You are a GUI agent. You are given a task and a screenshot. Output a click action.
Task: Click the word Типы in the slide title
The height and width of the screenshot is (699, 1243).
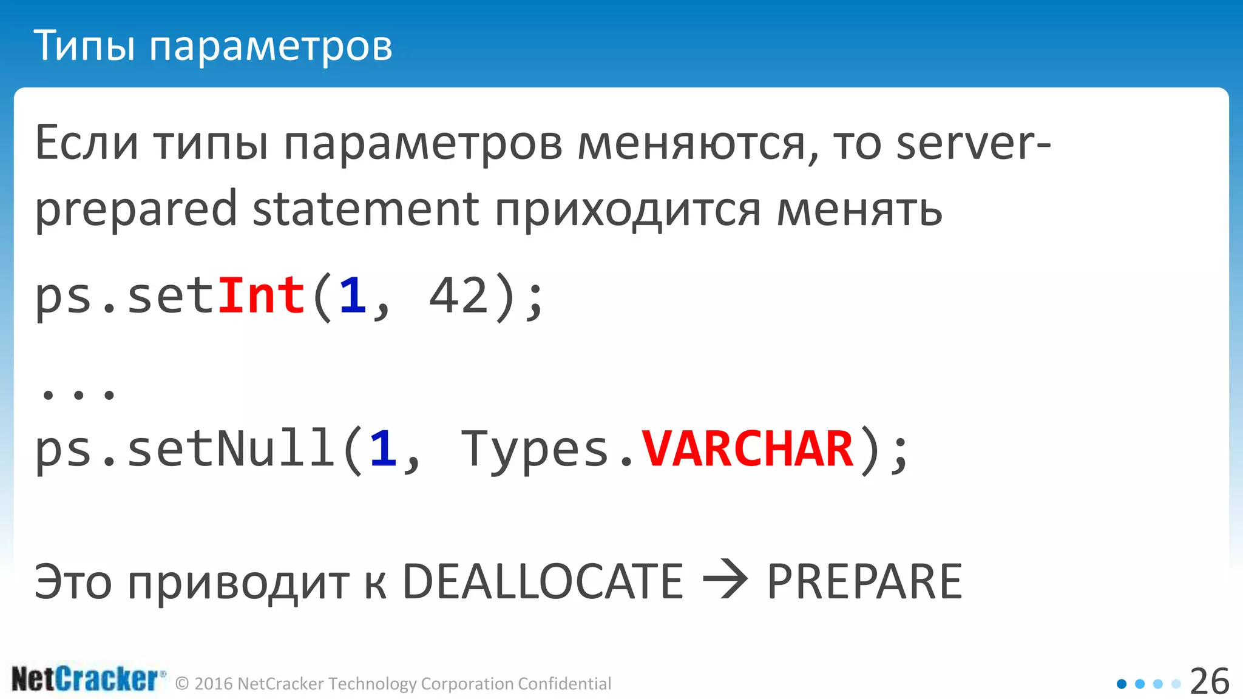coord(84,46)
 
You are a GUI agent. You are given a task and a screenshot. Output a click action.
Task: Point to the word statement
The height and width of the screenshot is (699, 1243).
coord(365,209)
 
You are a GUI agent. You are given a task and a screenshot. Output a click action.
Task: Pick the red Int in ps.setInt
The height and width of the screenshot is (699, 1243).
coord(261,295)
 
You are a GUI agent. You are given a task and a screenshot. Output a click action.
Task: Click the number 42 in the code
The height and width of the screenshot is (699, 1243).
coord(459,295)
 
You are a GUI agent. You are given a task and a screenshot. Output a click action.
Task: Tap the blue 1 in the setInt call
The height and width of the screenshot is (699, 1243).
coord(353,295)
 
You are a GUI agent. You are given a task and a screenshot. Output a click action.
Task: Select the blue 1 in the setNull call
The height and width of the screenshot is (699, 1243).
coord(383,449)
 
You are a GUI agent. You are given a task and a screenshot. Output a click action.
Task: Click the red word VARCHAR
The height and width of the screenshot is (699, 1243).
coord(748,449)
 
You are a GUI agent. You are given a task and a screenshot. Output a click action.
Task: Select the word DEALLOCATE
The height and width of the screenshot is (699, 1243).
coord(543,581)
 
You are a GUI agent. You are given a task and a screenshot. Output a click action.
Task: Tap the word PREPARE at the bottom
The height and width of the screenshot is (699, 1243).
coord(864,581)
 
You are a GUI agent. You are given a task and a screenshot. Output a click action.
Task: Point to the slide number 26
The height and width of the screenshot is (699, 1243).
coord(1209,681)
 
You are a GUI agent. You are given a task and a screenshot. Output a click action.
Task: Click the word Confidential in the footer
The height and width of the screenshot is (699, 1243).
coord(564,684)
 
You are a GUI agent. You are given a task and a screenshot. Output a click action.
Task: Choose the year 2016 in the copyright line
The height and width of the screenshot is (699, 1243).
coord(214,684)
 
